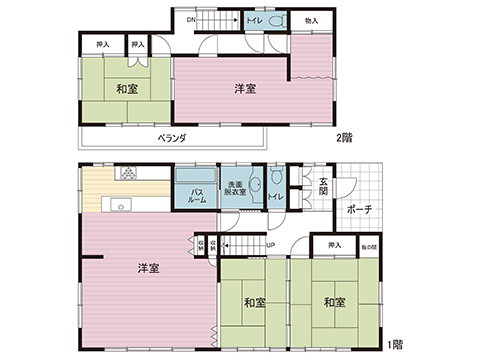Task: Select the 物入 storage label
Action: (x=311, y=20)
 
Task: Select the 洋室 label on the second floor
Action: (x=245, y=89)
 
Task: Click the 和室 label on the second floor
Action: (x=126, y=89)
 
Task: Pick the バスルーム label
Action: (x=198, y=195)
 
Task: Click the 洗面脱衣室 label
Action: (x=234, y=190)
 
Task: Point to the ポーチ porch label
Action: (x=360, y=210)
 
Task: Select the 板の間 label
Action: (x=369, y=245)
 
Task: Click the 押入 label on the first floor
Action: (x=333, y=245)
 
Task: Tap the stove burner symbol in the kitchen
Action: (x=129, y=174)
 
